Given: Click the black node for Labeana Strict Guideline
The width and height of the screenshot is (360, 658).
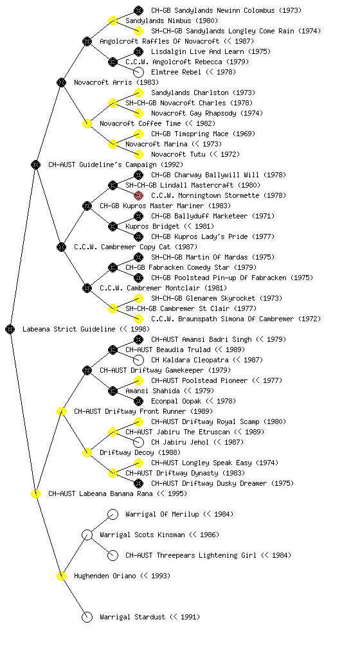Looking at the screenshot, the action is (x=10, y=329).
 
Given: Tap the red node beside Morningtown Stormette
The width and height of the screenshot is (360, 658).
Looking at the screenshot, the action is (x=138, y=195).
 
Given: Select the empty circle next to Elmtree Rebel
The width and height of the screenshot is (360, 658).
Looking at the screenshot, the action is (x=138, y=72).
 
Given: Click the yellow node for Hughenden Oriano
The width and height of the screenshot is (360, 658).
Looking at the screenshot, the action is (x=61, y=576).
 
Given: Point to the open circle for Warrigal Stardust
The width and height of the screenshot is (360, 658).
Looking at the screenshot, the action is (x=87, y=617).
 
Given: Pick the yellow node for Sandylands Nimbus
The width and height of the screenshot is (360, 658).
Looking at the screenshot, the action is (x=113, y=21).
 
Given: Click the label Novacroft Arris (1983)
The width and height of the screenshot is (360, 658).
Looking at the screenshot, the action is (x=116, y=82).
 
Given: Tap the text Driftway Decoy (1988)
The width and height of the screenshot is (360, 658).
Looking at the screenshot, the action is (x=140, y=452).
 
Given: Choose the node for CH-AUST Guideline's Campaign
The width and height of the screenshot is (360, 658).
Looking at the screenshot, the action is (x=35, y=164).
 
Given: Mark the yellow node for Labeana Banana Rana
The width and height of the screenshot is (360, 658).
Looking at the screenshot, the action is (x=35, y=493).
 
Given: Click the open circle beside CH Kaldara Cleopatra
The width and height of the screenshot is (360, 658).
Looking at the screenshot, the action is (x=138, y=360).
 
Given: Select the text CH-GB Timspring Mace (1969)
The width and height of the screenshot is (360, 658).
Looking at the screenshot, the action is (x=203, y=134).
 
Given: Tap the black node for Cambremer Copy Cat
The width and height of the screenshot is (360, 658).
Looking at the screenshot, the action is (x=61, y=247).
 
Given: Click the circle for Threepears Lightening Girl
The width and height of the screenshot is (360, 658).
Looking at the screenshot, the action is (x=113, y=555).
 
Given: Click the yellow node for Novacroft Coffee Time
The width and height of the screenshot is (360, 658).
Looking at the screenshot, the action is (x=87, y=123).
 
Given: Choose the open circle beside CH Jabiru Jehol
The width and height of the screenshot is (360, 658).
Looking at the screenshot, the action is (x=138, y=442).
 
